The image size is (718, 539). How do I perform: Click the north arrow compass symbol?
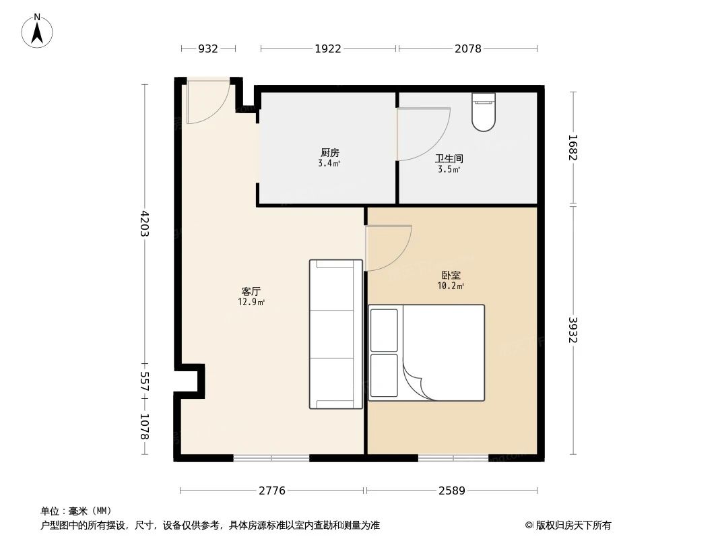pyautogui.click(x=38, y=31)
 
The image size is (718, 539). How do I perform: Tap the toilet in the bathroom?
pyautogui.click(x=484, y=112)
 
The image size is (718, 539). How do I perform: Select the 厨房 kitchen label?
pyautogui.click(x=329, y=152)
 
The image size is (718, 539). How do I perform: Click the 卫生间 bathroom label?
pyautogui.click(x=449, y=159)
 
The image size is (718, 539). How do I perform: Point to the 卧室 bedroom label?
pyautogui.click(x=451, y=275)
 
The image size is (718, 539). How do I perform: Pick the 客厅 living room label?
pyautogui.click(x=251, y=291)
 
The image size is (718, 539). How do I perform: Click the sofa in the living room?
pyautogui.click(x=335, y=334)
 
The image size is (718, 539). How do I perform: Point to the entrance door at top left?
pyautogui.click(x=207, y=104)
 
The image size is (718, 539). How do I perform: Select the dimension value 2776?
pyautogui.click(x=272, y=490)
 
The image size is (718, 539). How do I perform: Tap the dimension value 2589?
pyautogui.click(x=452, y=490)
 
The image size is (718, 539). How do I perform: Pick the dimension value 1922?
pyautogui.click(x=328, y=49)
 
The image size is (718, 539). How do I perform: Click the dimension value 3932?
pyautogui.click(x=573, y=329)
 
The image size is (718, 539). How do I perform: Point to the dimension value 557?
pyautogui.click(x=144, y=381)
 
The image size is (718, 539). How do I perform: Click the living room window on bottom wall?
pyautogui.click(x=271, y=458)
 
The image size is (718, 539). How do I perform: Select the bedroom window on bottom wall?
pyautogui.click(x=453, y=458)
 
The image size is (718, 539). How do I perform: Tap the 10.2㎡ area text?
pyautogui.click(x=451, y=286)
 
